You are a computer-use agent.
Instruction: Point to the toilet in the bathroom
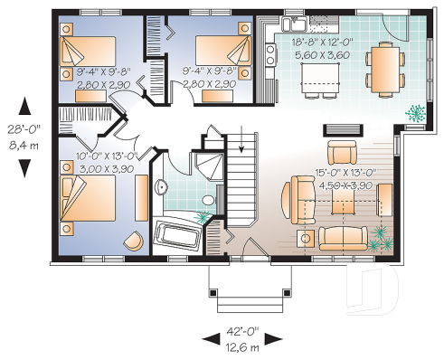click(x=207, y=200)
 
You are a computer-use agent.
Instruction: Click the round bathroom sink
click(x=161, y=187)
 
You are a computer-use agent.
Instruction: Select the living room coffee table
click(x=345, y=203)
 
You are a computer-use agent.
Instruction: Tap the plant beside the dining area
click(x=417, y=114)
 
